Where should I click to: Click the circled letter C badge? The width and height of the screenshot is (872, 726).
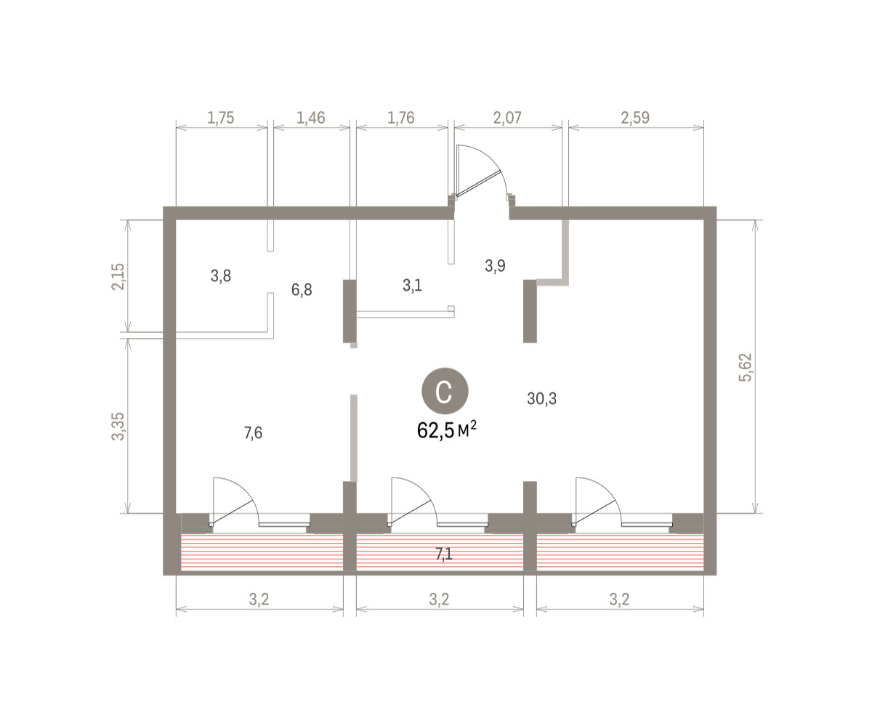click(x=444, y=391)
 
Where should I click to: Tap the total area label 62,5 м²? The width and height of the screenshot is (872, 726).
click(x=446, y=430)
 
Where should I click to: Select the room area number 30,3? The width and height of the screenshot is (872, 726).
click(x=541, y=399)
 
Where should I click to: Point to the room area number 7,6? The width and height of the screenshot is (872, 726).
click(x=253, y=433)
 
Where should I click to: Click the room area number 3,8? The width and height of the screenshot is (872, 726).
click(x=220, y=275)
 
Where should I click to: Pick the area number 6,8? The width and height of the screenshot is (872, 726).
click(x=302, y=289)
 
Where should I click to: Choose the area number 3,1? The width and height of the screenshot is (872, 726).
click(x=412, y=286)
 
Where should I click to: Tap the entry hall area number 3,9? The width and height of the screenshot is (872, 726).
click(x=495, y=265)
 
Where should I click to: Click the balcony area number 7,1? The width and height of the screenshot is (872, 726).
click(x=443, y=554)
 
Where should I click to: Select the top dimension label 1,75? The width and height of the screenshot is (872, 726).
click(x=220, y=118)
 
